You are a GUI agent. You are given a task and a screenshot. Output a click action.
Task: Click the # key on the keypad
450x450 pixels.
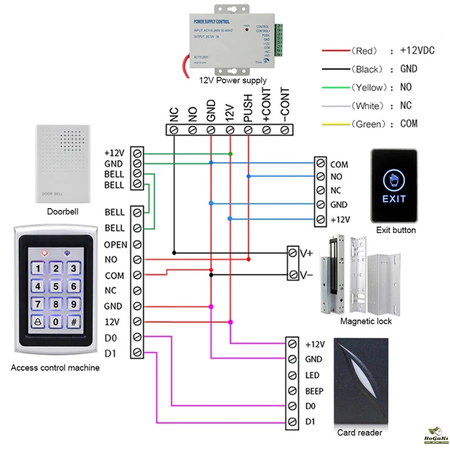[73, 322]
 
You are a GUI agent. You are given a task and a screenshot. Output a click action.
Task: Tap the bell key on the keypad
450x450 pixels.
[38, 322]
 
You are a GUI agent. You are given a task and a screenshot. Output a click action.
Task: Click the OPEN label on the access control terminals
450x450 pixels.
[116, 245]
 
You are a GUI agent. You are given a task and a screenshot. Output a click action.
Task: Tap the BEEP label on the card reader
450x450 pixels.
[314, 391]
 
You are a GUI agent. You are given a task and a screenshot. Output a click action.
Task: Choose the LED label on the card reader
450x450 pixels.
[312, 375]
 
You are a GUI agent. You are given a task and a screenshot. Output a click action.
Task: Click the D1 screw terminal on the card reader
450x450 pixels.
[292, 422]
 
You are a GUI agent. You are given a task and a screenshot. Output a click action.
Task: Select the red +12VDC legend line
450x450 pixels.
[335, 51]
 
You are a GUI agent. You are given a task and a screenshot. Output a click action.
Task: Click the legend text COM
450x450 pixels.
[409, 124]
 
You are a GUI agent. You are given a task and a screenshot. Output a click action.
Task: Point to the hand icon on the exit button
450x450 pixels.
[394, 180]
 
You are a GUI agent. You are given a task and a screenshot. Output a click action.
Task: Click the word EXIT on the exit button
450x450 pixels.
[394, 198]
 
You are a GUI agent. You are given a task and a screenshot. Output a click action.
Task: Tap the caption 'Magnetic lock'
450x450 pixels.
[366, 321]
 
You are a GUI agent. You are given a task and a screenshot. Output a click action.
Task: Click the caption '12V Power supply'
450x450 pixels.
[233, 81]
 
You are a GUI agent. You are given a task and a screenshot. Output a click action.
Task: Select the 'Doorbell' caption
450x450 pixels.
[63, 211]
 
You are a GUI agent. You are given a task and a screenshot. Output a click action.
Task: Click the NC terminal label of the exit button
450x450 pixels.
[336, 190]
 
